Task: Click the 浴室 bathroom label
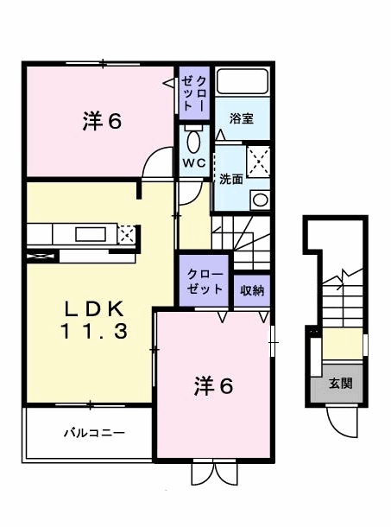pos(241,119)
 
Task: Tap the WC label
pos(192,162)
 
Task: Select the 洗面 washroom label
pos(230,181)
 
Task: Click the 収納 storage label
pos(251,290)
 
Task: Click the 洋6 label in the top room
pos(101,122)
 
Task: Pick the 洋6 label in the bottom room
pos(212,386)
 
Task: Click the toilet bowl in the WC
pos(192,140)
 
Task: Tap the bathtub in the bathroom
pos(243,83)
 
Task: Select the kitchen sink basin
pos(90,233)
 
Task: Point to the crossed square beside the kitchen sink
pos(126,233)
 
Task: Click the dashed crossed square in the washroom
pos(258,162)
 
